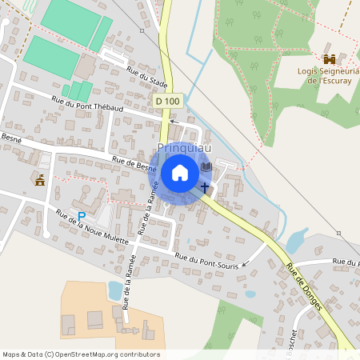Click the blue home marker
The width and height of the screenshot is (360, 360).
(x=180, y=173)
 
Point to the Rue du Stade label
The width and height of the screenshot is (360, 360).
(x=147, y=79)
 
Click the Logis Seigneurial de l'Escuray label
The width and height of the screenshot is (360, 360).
(x=329, y=75)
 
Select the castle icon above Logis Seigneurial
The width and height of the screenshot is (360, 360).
(x=330, y=59)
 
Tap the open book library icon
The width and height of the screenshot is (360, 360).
(x=206, y=167)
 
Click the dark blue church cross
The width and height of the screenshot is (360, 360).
(x=205, y=187)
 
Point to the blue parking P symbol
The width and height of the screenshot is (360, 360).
(x=81, y=216)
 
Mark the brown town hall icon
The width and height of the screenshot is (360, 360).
(x=40, y=179)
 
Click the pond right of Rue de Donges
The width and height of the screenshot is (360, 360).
(x=296, y=239)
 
